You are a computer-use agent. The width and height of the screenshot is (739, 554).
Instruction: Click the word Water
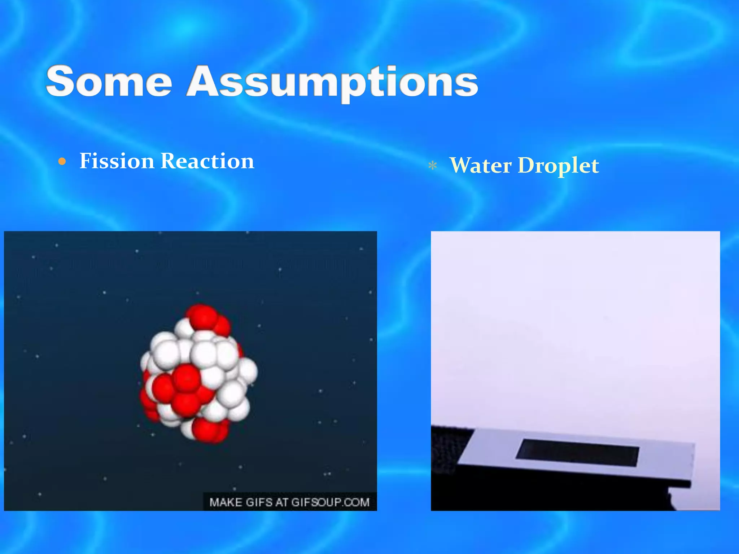[480, 166]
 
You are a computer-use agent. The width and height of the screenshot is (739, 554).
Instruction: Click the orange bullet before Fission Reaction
[62, 162]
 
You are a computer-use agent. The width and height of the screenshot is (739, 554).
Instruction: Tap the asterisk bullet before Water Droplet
[432, 166]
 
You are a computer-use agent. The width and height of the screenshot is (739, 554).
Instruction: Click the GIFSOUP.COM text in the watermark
[330, 502]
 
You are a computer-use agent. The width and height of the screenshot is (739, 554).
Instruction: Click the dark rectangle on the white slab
[577, 453]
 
